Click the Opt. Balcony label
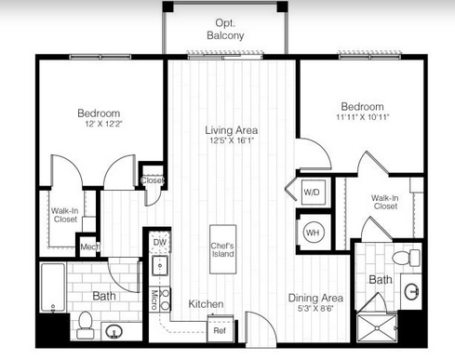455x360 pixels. (x=225, y=29)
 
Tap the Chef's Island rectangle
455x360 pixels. (x=222, y=249)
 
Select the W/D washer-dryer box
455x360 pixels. (x=314, y=193)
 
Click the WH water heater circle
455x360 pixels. (x=313, y=233)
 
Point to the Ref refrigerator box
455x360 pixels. (x=220, y=330)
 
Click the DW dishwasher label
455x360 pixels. (x=160, y=242)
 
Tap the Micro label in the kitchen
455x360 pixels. (x=154, y=300)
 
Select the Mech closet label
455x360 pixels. (x=90, y=247)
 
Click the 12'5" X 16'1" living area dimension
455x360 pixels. (x=232, y=140)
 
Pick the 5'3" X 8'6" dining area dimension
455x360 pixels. (x=315, y=309)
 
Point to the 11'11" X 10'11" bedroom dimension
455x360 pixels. (x=363, y=117)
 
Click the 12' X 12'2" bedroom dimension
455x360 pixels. (x=104, y=124)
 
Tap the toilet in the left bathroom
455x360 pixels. (x=86, y=325)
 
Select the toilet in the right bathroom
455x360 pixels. (x=406, y=258)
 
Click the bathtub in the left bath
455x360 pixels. (x=53, y=287)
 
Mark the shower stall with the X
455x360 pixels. (x=377, y=328)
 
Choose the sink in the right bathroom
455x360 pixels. (x=412, y=291)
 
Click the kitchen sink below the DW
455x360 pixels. (x=160, y=266)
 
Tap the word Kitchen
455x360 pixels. (x=206, y=304)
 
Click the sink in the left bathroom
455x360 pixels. (x=114, y=332)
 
